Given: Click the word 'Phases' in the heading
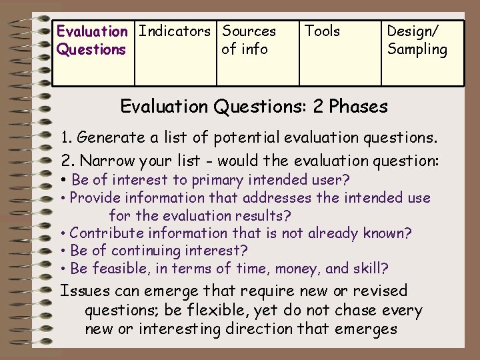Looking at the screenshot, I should [358, 107].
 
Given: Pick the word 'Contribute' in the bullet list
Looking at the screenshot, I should [107, 233].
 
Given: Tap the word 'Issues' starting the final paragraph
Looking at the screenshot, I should [85, 291].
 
